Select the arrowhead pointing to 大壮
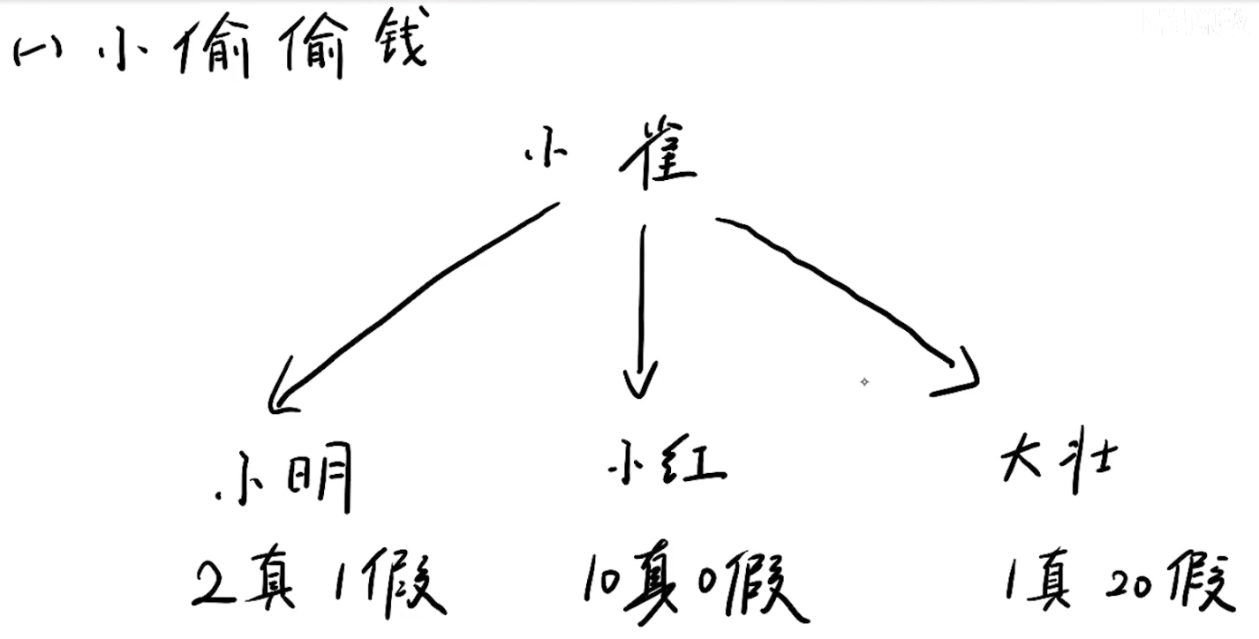pyautogui.click(x=965, y=375)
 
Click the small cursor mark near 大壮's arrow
pyautogui.click(x=864, y=381)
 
